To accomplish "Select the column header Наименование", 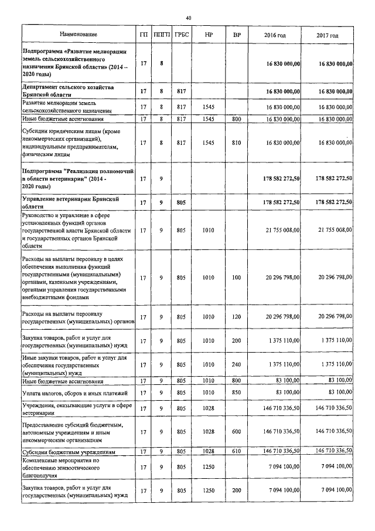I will point(78,36).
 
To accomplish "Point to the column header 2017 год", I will point(328,36).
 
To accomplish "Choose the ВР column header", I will point(237,36).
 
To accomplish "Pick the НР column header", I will point(209,36).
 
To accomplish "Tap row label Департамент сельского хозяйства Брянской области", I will point(72,91).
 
